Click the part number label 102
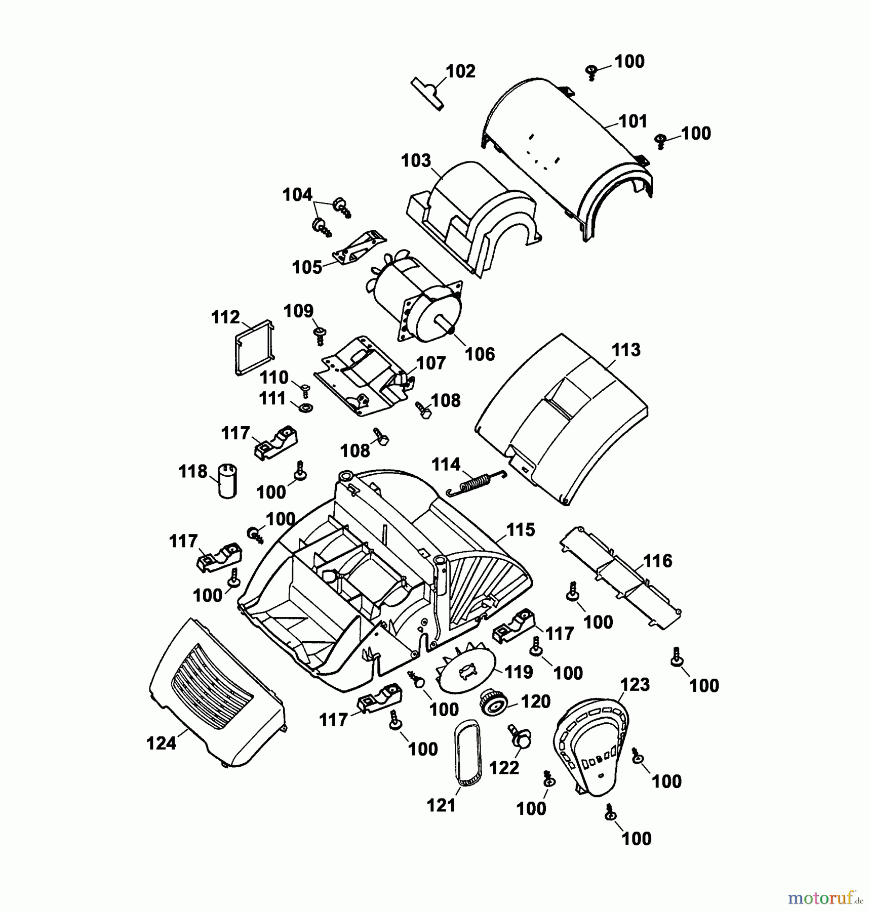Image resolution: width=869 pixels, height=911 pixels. click(460, 71)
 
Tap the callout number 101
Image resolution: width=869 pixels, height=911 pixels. click(633, 121)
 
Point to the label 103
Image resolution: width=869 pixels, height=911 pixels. click(416, 160)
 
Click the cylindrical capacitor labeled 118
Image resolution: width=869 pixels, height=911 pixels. click(227, 481)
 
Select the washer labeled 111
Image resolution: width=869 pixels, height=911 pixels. click(306, 407)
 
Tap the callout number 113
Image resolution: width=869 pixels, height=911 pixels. click(626, 350)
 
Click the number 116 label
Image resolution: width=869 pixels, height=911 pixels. click(657, 561)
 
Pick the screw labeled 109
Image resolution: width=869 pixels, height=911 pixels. click(320, 335)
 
